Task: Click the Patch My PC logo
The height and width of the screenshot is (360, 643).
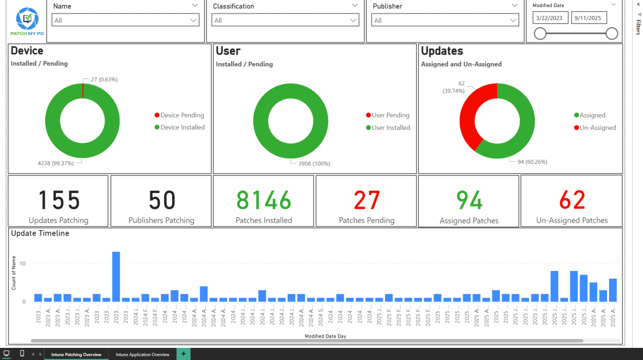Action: (x=27, y=21)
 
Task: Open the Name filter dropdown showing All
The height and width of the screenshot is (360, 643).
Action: (x=126, y=20)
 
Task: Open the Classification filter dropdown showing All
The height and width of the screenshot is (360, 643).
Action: (x=285, y=20)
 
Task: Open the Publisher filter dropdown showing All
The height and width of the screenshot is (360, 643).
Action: (x=445, y=20)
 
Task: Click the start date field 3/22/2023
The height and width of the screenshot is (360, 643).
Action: (x=550, y=18)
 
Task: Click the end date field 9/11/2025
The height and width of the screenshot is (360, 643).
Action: (x=588, y=18)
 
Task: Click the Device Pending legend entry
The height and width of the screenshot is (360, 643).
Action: (x=180, y=115)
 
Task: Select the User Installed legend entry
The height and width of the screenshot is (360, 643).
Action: (x=388, y=128)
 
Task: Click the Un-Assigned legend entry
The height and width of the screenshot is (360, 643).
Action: (x=595, y=128)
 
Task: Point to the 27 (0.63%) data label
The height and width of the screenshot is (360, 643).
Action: (x=104, y=80)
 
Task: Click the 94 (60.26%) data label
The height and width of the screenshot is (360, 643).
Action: (x=532, y=162)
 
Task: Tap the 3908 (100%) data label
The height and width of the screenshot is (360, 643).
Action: (x=314, y=164)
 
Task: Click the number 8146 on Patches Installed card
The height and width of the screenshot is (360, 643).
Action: (x=264, y=200)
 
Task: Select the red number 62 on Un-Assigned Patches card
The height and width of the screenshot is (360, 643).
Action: (x=572, y=200)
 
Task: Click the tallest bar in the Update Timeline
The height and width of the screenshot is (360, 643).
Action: (x=116, y=276)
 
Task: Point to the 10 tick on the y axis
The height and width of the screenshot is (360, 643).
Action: (x=23, y=264)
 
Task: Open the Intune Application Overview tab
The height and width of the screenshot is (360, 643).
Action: (x=142, y=355)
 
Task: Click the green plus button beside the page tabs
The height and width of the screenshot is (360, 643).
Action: (x=183, y=354)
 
